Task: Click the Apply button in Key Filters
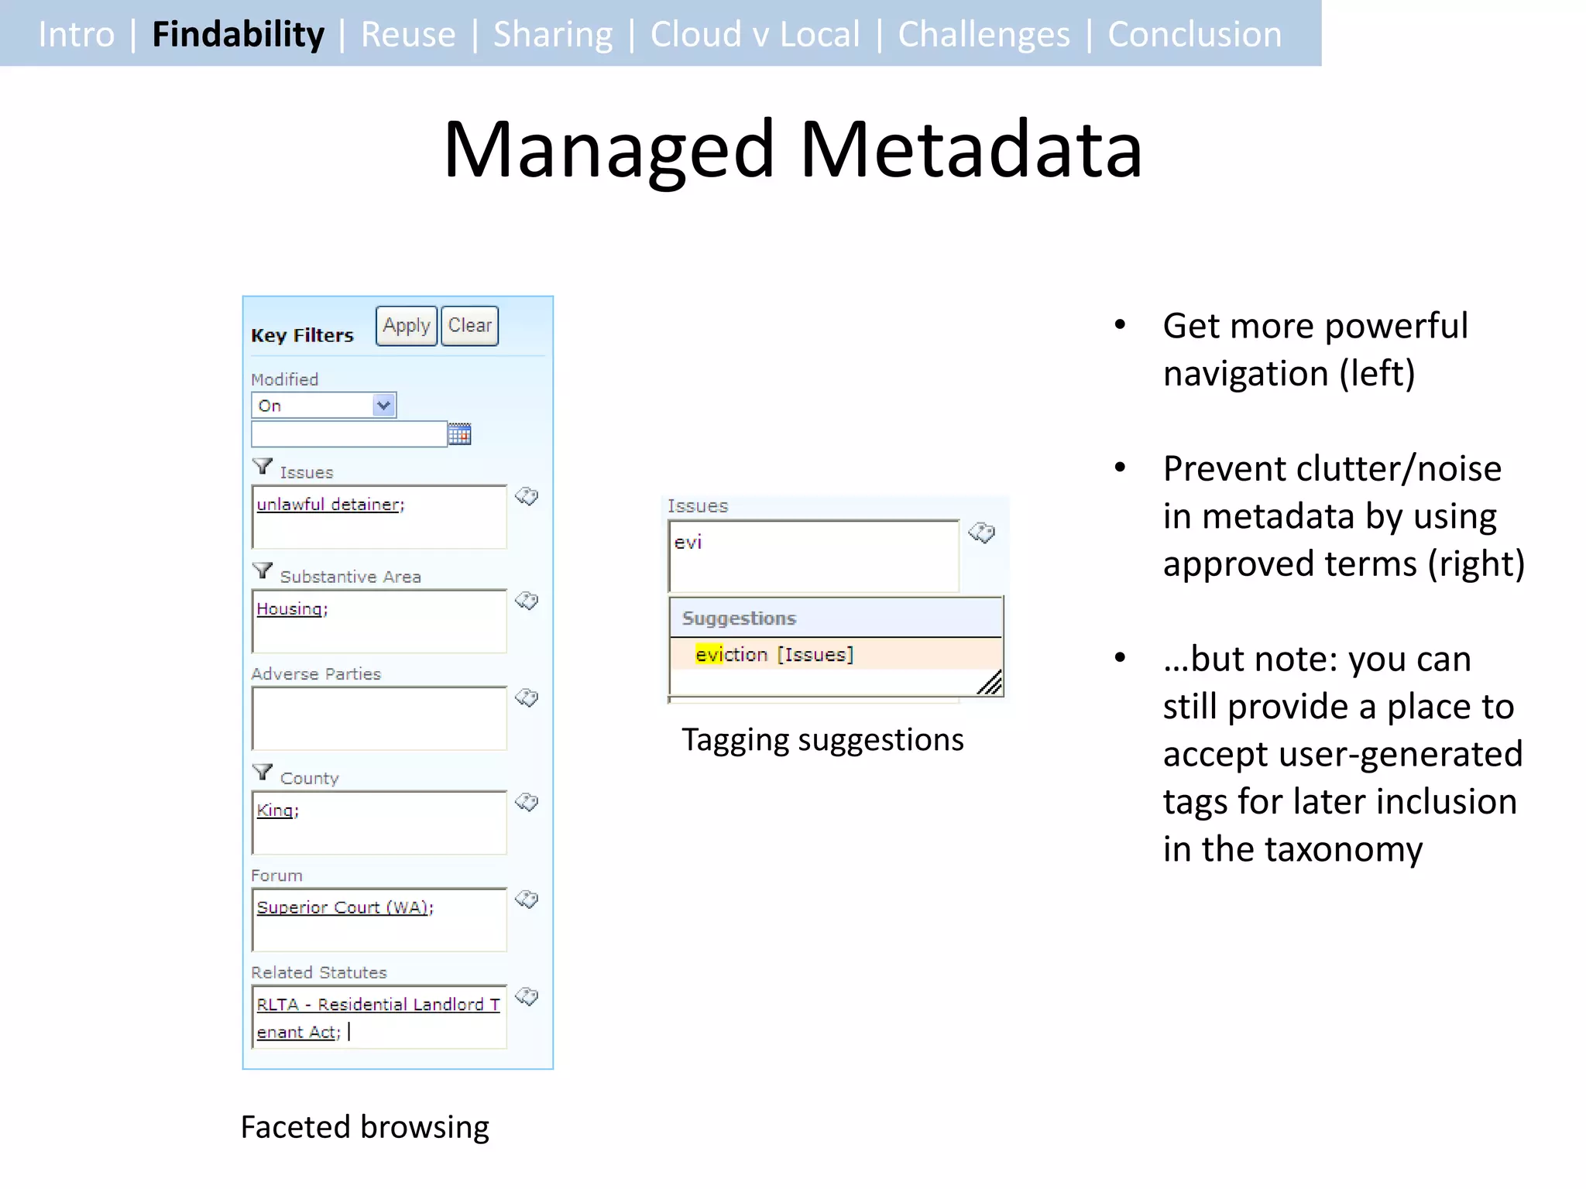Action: [407, 326]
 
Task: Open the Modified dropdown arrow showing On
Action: [384, 406]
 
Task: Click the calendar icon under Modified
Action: [459, 434]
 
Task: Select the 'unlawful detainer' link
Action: [329, 505]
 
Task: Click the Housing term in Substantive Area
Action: [290, 609]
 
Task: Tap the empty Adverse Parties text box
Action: [379, 718]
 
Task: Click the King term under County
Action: [275, 810]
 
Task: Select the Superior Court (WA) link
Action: [344, 907]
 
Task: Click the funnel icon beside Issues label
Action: [263, 467]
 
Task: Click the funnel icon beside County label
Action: [263, 773]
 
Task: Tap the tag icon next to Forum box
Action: [527, 899]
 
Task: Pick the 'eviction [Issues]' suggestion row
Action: [774, 655]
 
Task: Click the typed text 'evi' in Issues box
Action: [688, 543]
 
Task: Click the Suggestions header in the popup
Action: [739, 618]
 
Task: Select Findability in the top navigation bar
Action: [238, 34]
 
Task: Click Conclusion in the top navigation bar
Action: [1194, 34]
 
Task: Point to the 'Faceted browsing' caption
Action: [365, 1127]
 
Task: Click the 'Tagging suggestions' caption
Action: [822, 740]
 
